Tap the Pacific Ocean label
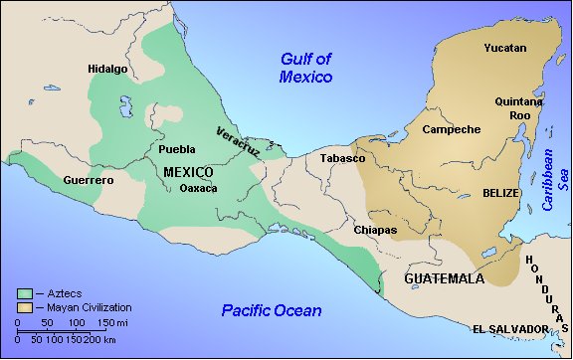click(272, 311)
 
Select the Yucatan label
click(505, 49)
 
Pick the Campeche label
click(452, 130)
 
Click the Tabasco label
click(342, 159)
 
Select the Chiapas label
click(375, 230)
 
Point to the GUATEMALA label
click(444, 279)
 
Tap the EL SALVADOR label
click(510, 329)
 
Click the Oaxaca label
click(198, 189)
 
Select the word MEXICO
click(189, 172)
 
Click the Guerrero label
click(89, 181)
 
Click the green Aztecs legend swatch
click(26, 294)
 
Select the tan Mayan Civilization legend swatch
click(26, 308)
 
